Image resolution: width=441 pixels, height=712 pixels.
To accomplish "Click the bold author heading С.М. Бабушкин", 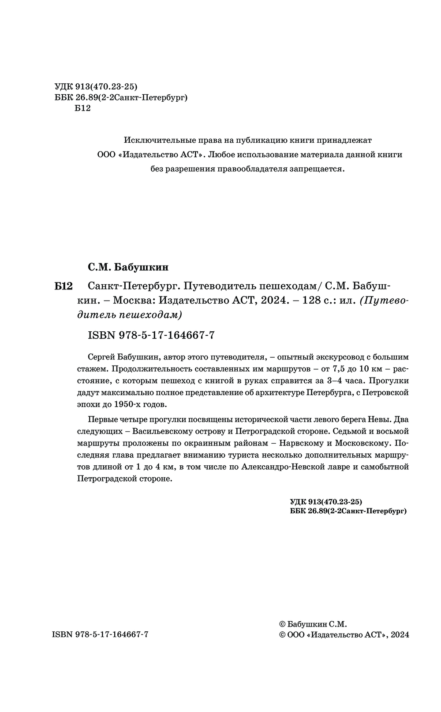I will (128, 267).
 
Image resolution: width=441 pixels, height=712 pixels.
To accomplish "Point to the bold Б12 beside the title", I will (63, 286).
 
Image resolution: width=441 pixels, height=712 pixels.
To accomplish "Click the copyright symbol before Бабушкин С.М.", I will (283, 624).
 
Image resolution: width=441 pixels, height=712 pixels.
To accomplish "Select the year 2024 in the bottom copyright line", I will (400, 635).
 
